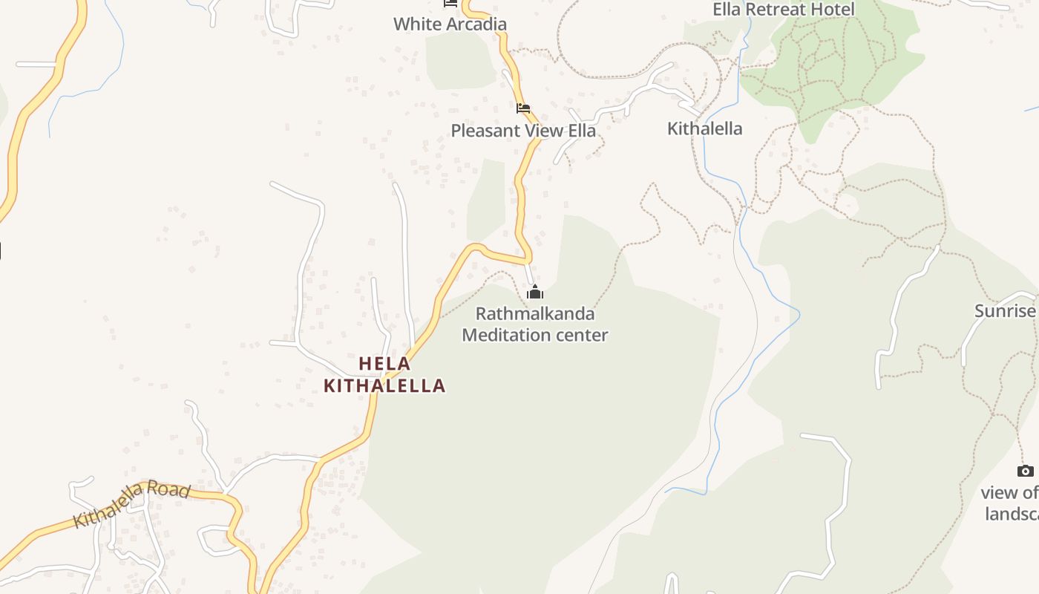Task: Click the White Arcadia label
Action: coord(450,24)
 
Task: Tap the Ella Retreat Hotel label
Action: coord(784,9)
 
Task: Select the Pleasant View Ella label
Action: coord(523,131)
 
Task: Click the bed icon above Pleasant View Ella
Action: coord(523,108)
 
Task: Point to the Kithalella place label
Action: coord(704,128)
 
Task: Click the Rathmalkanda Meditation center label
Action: coord(534,324)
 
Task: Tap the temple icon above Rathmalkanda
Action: coord(534,292)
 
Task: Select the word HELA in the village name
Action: coord(384,364)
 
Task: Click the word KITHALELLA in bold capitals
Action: coord(384,385)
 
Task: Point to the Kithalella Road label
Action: coord(132,504)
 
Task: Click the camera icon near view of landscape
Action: coord(1025,471)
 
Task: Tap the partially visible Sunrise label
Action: coord(1006,311)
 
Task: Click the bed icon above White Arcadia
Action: coord(450,3)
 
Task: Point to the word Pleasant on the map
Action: coord(485,131)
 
